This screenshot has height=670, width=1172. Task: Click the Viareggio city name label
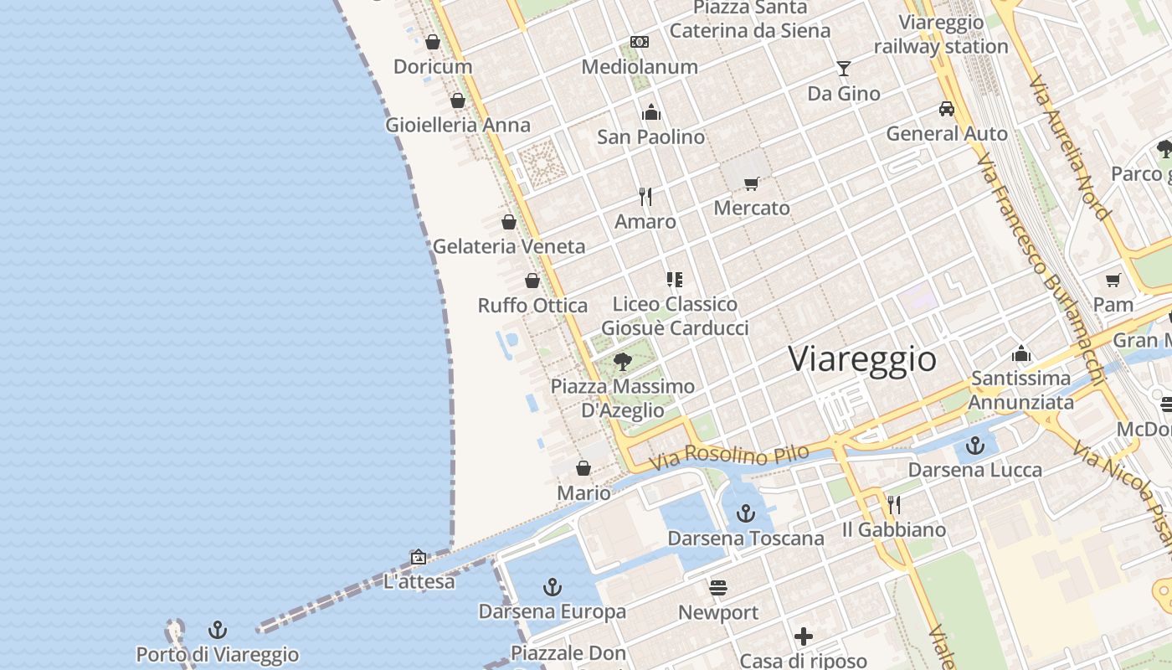point(862,358)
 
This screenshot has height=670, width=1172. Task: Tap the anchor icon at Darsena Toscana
point(746,513)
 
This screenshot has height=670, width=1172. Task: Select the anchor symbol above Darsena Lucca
point(974,445)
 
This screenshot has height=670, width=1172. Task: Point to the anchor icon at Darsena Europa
point(553,587)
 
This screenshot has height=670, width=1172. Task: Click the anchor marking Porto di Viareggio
point(218,629)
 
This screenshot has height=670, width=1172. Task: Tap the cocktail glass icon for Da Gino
point(843,69)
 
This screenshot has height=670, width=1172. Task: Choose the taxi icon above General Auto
point(947,109)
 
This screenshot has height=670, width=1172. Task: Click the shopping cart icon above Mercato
point(752,183)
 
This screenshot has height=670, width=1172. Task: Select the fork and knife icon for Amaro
point(645,197)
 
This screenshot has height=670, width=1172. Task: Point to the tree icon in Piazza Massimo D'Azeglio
point(622,362)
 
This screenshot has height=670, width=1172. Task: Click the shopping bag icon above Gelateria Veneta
point(509,222)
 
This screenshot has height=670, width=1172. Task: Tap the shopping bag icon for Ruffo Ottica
point(532,281)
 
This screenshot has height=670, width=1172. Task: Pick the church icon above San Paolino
point(651,112)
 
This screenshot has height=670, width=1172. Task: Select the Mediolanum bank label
point(640,66)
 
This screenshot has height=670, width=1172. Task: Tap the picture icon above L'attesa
point(419,557)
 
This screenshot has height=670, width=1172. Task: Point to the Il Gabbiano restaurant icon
point(894,504)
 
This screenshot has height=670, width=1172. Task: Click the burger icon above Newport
point(718,588)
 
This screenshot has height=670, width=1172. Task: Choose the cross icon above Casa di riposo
point(804,636)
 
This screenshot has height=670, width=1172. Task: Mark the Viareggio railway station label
point(941,34)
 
